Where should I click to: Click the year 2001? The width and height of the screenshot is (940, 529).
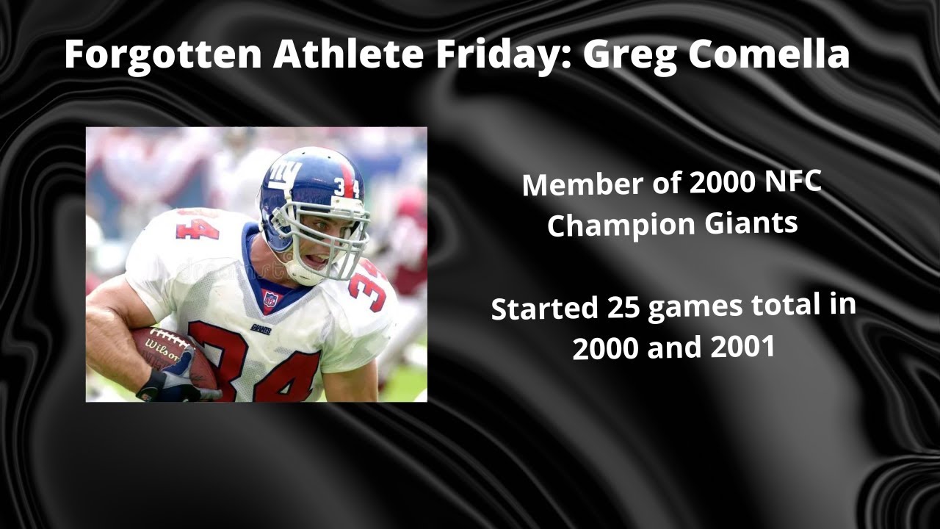point(742,346)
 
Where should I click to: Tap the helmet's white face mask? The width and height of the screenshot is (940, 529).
point(338,235)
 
